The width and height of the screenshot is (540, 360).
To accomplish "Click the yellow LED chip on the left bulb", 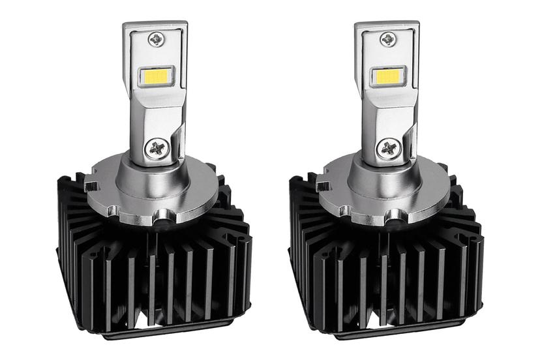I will [x=157, y=76].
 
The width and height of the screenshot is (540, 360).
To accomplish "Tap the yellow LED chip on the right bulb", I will [x=388, y=76].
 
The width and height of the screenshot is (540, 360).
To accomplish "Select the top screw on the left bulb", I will [x=157, y=38].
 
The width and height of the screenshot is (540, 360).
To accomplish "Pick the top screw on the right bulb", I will [x=388, y=38].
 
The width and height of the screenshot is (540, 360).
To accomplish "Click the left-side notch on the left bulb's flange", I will [x=91, y=187].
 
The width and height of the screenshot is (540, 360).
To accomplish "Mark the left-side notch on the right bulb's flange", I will [x=322, y=187].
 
